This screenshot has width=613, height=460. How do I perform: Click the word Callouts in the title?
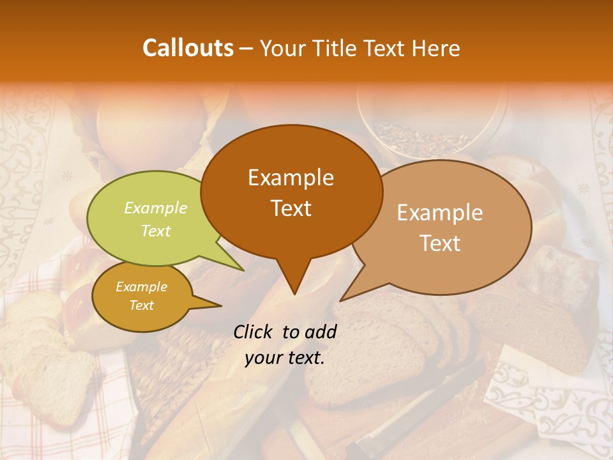coord(188,48)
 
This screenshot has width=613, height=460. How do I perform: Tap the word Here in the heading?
coord(435,48)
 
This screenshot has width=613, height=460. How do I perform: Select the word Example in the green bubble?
coord(156,208)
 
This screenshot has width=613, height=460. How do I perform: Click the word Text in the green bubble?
coord(156,231)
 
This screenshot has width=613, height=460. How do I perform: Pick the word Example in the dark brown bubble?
coord(291,178)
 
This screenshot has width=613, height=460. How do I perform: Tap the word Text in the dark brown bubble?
coord(291,208)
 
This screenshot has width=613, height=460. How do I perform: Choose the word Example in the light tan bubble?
coord(440,213)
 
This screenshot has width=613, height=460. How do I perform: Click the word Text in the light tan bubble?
coord(440,243)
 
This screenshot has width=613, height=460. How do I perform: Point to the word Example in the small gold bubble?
coord(141,287)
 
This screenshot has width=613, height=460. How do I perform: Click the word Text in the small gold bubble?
coord(141,305)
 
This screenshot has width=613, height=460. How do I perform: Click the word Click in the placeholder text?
coord(254,332)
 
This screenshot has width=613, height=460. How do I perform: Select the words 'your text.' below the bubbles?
coord(285,358)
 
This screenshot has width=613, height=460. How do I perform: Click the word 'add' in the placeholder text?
coord(321,332)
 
